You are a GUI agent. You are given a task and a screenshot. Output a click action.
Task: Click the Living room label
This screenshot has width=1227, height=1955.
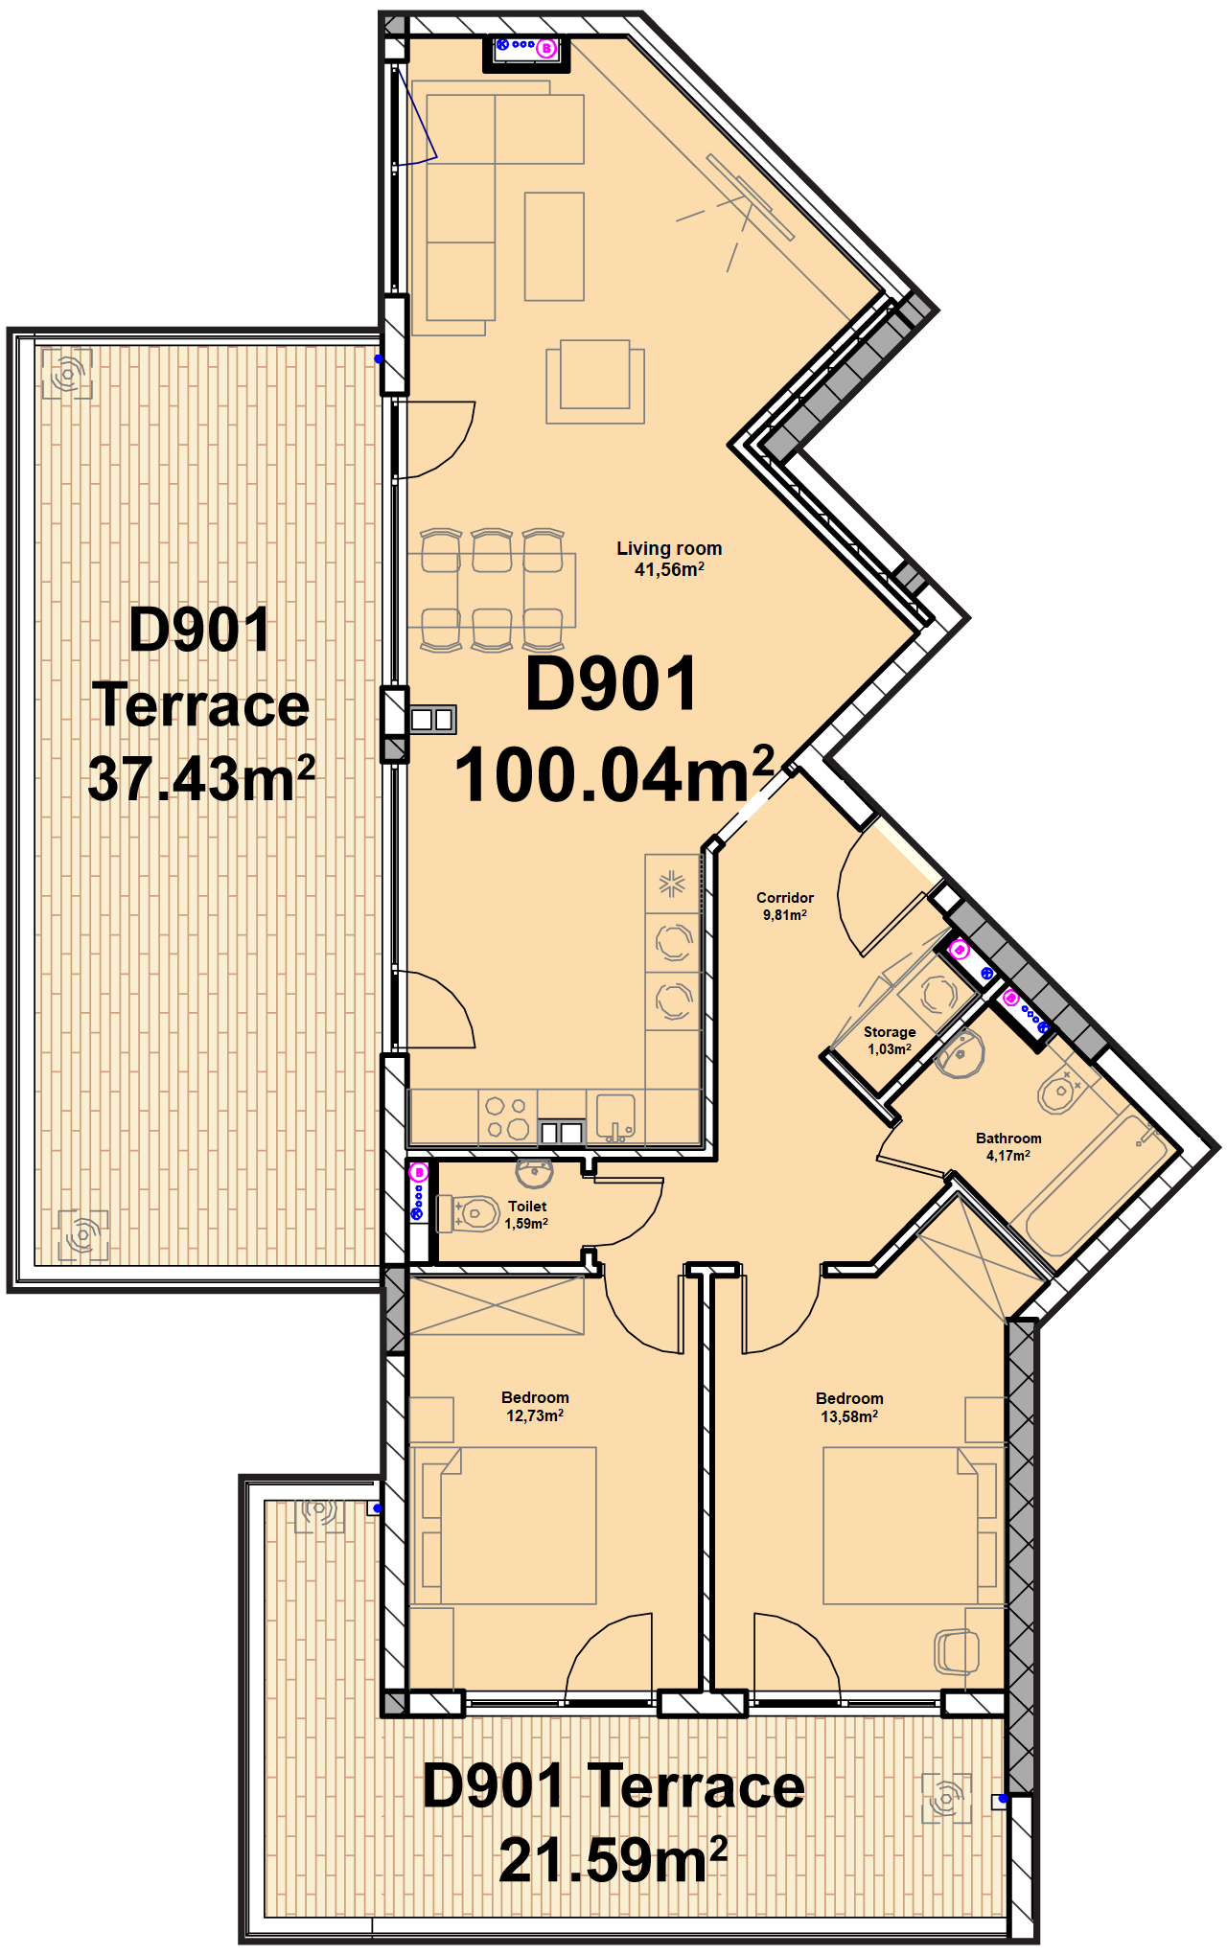tap(669, 548)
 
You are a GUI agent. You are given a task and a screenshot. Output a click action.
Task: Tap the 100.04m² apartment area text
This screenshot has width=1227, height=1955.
tap(614, 774)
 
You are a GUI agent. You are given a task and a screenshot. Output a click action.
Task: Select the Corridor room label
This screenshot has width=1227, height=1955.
tap(784, 898)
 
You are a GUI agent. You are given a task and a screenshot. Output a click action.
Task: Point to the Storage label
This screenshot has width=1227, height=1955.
tap(890, 1032)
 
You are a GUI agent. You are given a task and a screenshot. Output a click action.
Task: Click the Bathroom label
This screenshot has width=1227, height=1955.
tap(1008, 1138)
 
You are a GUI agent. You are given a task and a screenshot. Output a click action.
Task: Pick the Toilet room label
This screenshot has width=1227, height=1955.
tap(527, 1207)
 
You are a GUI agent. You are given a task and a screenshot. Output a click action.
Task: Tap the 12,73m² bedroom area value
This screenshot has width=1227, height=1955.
tap(535, 1415)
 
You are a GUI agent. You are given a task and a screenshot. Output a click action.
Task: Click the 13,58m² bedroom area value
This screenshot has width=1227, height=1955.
tap(849, 1416)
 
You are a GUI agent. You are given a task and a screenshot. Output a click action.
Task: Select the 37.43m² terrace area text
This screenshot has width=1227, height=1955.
tap(201, 778)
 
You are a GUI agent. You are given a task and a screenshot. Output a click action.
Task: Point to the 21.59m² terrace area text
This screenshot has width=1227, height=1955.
tap(613, 1859)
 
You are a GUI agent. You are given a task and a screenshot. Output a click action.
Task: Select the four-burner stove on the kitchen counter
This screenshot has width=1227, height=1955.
tap(507, 1116)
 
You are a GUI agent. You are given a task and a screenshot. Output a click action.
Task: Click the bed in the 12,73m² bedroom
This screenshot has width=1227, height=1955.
tap(503, 1525)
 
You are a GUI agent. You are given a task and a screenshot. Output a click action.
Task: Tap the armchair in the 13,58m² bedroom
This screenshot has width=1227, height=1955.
tap(957, 1651)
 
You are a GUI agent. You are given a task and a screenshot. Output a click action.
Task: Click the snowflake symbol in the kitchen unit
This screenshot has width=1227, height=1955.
tap(672, 884)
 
